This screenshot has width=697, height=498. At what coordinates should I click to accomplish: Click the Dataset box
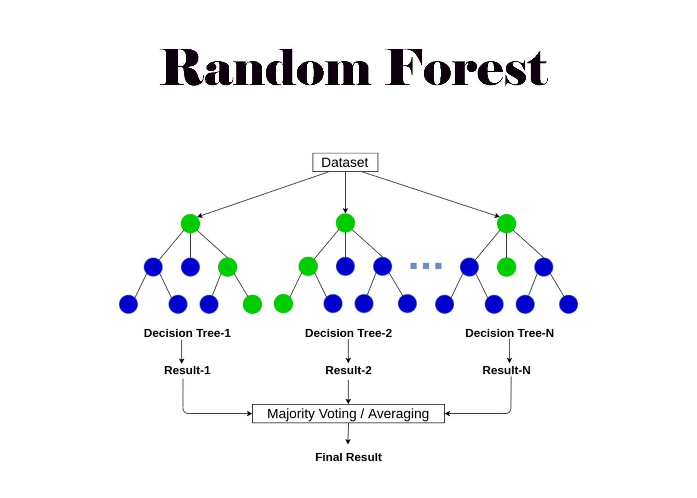345,162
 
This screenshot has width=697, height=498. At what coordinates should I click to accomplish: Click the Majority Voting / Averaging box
348,414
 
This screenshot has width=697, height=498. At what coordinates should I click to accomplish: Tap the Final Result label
348,457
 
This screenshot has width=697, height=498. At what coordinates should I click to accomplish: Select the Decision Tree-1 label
187,333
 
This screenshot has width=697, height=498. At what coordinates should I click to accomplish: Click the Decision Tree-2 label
348,333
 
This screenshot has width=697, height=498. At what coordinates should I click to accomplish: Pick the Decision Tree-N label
509,333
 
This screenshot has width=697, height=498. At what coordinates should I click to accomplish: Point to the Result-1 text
187,370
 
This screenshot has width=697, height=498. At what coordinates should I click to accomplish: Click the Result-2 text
348,370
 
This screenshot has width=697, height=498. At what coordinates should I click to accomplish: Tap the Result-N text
506,370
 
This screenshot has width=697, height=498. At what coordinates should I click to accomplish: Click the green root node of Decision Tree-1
190,223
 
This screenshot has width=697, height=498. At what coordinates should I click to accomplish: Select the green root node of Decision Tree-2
345,223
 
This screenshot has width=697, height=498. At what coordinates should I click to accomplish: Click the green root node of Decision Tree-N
506,223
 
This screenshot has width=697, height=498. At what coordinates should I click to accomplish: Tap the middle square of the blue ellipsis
426,266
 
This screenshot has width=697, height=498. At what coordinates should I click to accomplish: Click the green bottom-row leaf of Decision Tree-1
252,304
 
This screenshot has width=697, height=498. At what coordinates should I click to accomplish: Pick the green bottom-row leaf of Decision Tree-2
283,304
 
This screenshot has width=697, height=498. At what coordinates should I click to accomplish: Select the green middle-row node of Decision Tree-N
506,267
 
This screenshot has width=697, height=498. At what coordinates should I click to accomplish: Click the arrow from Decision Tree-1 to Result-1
182,352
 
